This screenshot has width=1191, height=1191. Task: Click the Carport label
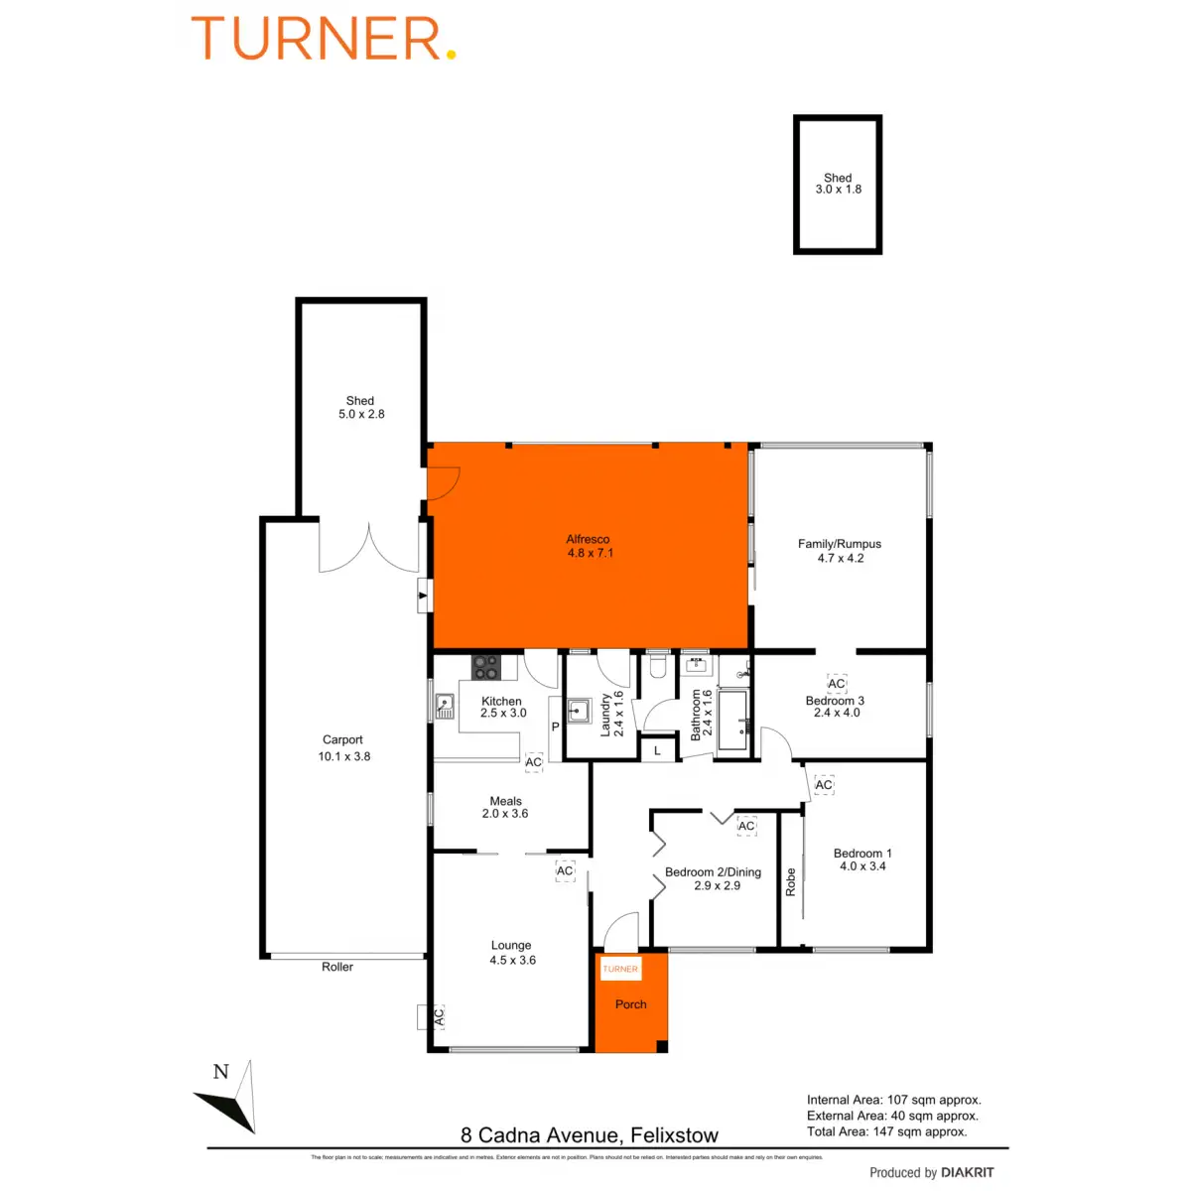(x=342, y=740)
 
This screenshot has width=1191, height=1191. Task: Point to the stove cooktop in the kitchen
(x=485, y=667)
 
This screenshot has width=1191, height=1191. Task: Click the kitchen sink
(x=444, y=706)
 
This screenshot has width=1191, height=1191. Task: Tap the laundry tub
(x=580, y=711)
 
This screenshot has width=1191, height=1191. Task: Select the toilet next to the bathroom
(x=657, y=665)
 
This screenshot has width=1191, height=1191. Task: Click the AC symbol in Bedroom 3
(x=837, y=684)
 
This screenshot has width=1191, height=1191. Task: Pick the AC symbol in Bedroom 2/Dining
(x=746, y=826)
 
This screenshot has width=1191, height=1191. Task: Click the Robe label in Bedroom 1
(x=791, y=882)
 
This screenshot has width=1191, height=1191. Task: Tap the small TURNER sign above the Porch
(x=620, y=969)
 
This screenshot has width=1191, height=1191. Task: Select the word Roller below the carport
(x=337, y=967)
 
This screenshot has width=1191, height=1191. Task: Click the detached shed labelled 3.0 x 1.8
(x=838, y=185)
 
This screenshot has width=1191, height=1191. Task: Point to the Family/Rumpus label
(x=840, y=544)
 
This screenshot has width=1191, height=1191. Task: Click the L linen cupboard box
(x=657, y=751)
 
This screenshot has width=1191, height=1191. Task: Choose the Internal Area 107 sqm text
(x=893, y=1100)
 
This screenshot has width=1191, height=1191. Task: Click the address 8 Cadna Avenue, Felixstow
(x=590, y=1135)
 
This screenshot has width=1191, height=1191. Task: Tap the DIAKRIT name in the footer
(x=967, y=1173)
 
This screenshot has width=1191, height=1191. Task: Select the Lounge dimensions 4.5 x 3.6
(x=512, y=960)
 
